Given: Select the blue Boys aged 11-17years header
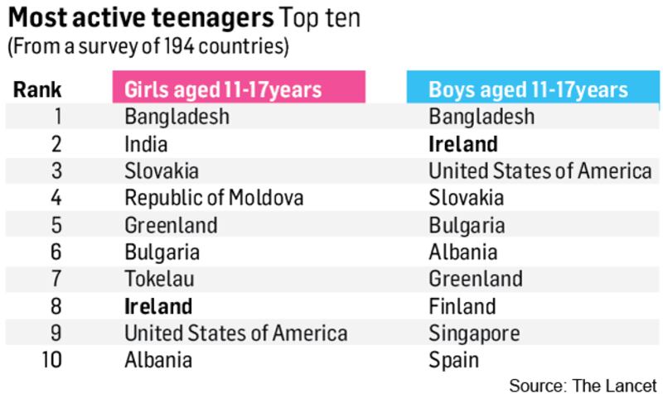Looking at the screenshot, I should (528, 89).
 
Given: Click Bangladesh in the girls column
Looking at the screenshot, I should (177, 117).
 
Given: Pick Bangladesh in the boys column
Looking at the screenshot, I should (482, 117).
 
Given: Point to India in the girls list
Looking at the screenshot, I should (146, 144).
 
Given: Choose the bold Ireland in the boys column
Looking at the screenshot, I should (463, 144).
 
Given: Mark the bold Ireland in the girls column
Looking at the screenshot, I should (158, 305).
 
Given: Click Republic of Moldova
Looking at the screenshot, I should (214, 198).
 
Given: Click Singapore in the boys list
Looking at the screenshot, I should (474, 333).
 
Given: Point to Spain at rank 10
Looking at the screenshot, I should (454, 359).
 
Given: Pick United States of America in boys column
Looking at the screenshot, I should (540, 171).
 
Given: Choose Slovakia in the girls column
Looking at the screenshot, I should (162, 171).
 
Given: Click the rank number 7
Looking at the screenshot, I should (56, 278).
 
